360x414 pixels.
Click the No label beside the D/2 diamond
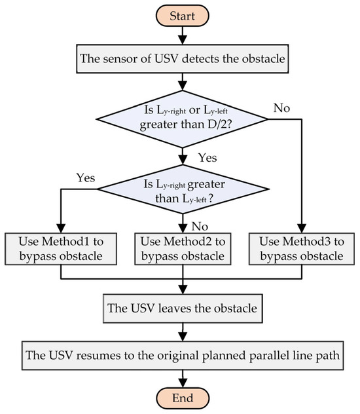pyautogui.click(x=282, y=107)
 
